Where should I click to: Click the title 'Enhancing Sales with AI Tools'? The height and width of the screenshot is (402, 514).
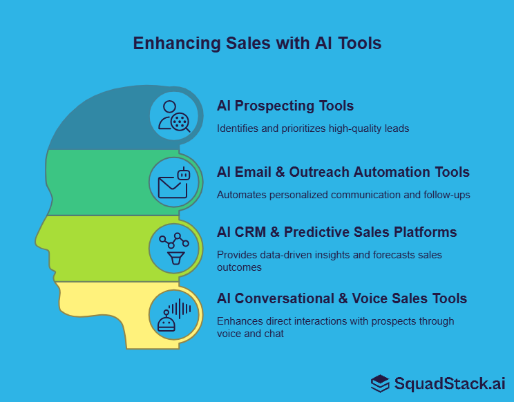point(257,44)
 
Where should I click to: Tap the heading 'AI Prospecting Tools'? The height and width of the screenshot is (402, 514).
point(285,106)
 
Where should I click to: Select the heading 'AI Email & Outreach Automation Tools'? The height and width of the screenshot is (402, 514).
point(343,172)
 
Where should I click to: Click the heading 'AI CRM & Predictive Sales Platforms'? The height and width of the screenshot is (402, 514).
point(336,232)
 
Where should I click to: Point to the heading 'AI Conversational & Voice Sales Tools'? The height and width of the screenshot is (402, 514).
point(342,298)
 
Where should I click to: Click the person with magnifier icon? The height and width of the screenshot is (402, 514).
point(174,115)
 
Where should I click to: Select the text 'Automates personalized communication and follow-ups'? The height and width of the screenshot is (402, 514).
point(343,195)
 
